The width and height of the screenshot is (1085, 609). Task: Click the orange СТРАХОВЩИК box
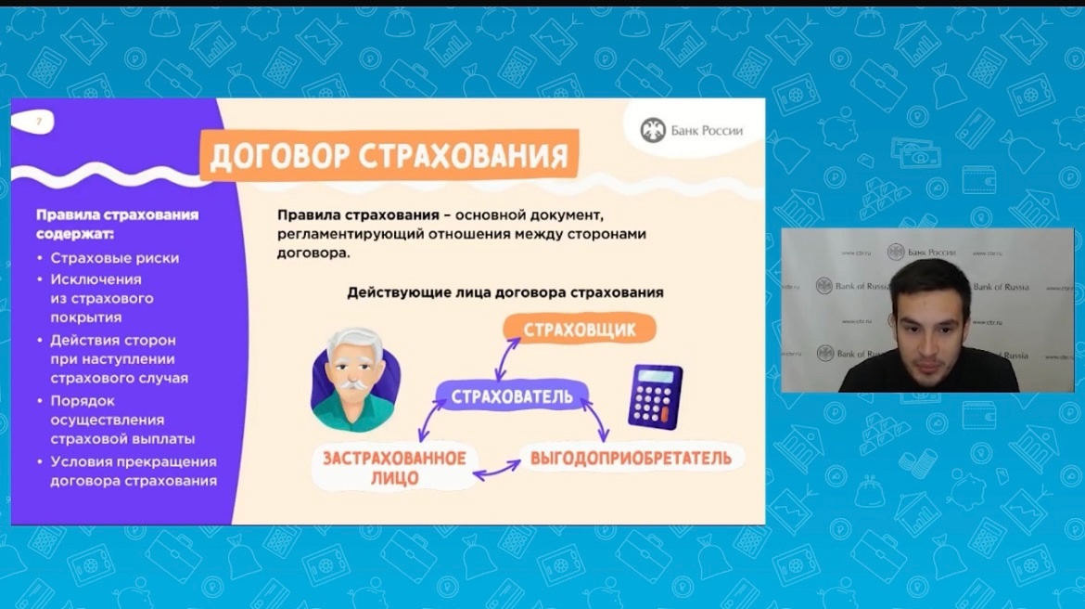coord(580,330)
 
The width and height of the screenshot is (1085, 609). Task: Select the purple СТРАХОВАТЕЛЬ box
coord(512,396)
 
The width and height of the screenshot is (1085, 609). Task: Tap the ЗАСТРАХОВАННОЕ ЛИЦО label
coord(394,468)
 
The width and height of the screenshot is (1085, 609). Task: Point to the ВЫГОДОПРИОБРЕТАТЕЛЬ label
coord(632,458)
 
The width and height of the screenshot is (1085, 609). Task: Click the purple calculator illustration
coord(655,397)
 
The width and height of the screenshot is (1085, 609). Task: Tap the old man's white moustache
coord(352,383)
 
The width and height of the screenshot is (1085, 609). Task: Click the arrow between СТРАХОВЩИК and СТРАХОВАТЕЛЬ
coord(507,359)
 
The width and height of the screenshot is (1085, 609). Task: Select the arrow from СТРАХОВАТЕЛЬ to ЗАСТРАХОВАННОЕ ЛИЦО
coord(431,421)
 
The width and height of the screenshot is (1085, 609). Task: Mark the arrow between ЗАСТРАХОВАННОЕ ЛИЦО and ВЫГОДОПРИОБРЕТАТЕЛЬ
coord(497,470)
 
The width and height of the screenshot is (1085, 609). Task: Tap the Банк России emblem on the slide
coord(653,130)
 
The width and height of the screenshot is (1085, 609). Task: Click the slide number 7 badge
coord(32,122)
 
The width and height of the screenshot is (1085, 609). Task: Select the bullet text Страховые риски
coord(115,258)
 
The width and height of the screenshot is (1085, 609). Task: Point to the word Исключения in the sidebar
coord(96,279)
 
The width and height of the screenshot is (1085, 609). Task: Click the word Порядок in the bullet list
coord(83,401)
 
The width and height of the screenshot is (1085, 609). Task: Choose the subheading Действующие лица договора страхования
coord(505,292)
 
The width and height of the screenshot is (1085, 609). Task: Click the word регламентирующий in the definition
coord(351,234)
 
